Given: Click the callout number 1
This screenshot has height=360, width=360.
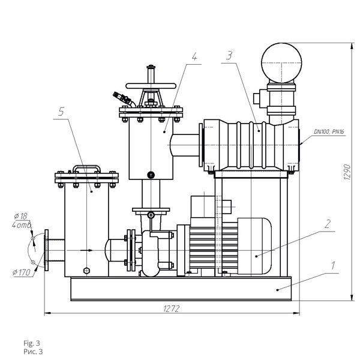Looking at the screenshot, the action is pos(332,266).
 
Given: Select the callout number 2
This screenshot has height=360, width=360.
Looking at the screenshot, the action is pos(328,224).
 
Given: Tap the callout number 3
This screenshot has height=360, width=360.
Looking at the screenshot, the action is pos(229,56).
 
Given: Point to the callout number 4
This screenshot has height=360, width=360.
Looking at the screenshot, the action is pos(194,57).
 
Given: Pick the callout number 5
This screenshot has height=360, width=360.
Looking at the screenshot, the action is pos(61,112).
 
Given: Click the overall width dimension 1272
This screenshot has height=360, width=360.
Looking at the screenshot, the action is pos(172,309).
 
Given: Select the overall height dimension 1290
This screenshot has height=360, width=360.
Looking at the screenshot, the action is pos(347,172).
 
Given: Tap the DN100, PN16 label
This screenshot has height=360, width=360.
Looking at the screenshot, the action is pos(329,132).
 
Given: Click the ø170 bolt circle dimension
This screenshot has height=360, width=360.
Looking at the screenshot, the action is pos(22,272).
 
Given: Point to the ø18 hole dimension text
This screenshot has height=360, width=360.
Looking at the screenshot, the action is pos(20,216).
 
